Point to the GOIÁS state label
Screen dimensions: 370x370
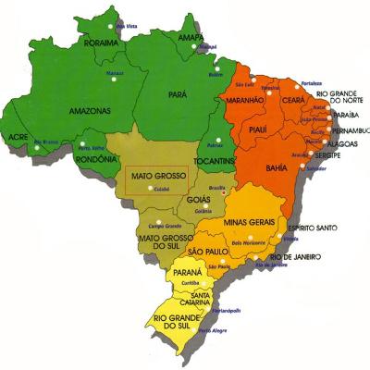click(x=197, y=198)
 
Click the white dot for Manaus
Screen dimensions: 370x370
click(x=114, y=79)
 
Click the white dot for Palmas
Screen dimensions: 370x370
click(x=213, y=138)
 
